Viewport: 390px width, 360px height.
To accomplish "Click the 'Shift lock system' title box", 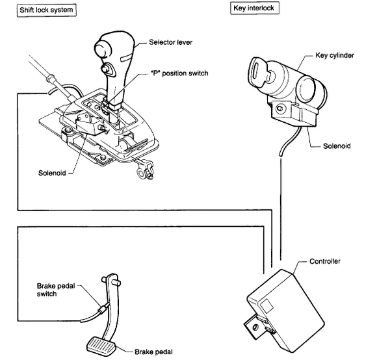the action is coord(47,10).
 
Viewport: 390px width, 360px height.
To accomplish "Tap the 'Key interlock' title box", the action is coord(254,8).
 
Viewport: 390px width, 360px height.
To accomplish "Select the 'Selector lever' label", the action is coord(170,42).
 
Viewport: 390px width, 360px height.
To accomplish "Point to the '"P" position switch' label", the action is coord(179,73).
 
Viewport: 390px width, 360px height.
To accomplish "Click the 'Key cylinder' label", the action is coord(335,55).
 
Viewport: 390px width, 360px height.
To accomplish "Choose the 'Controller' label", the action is coord(325,261).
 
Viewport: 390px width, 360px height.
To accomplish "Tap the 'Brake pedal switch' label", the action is coord(56,290).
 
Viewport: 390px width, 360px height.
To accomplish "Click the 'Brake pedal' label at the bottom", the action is coord(153,352).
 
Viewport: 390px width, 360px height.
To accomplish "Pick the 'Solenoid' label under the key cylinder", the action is coord(337,146).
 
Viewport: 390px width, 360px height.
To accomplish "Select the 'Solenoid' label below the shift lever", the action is coord(52,173).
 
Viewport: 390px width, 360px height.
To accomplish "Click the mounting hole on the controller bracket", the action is coord(255,327).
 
